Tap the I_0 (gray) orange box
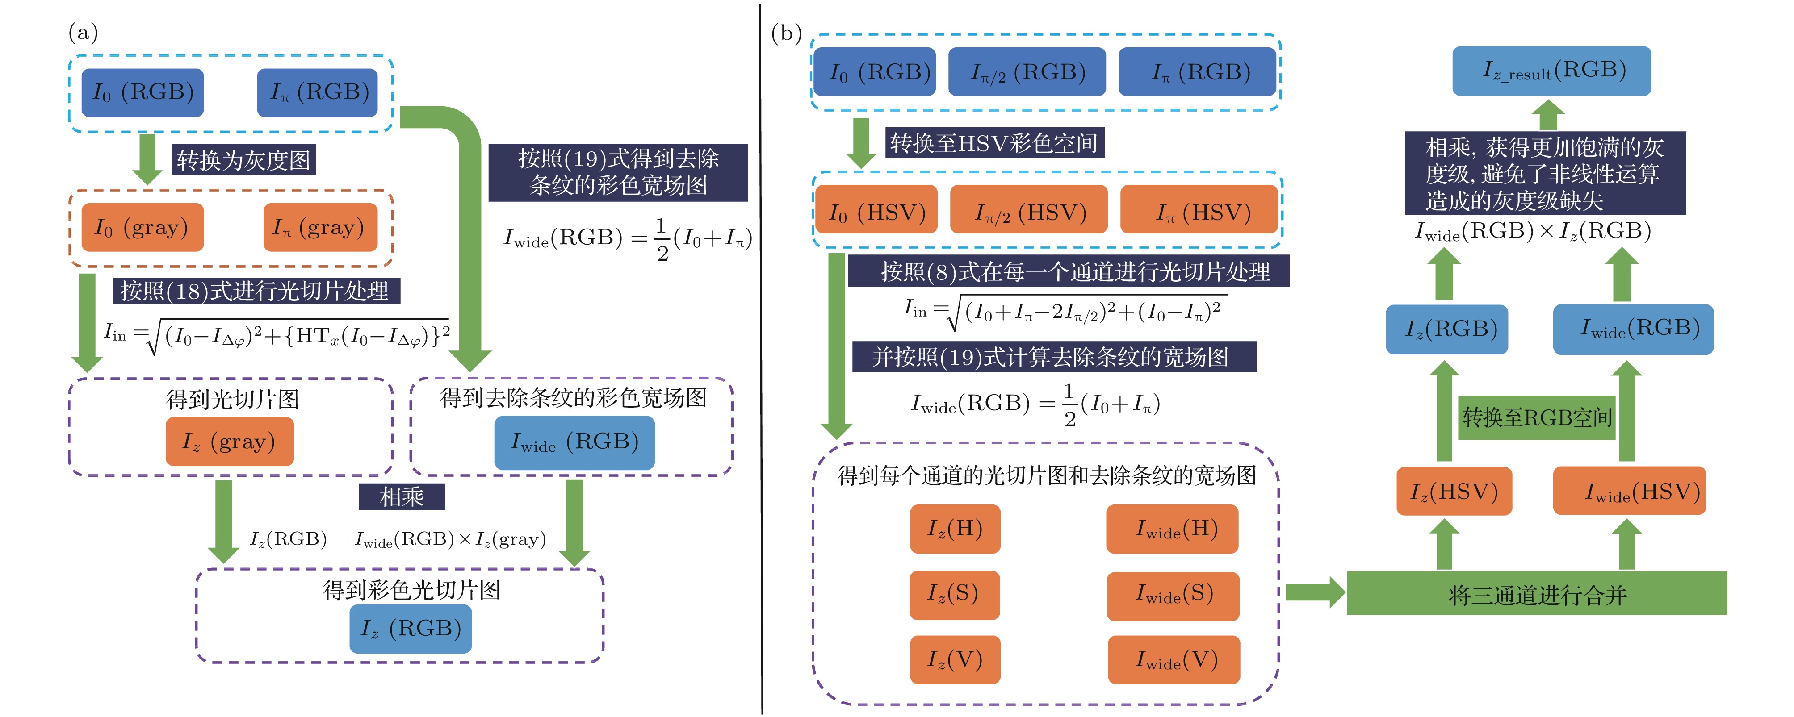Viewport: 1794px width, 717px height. click(142, 228)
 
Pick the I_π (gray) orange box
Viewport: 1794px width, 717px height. click(320, 228)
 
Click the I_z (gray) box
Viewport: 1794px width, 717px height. click(229, 442)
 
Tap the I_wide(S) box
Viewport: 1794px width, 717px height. click(1173, 595)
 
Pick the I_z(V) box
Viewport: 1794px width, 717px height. click(954, 659)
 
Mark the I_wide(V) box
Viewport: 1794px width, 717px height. click(1174, 659)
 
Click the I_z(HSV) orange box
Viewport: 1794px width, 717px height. click(1454, 492)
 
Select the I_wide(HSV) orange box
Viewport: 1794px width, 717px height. click(1629, 492)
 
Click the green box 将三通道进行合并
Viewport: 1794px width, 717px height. click(1536, 594)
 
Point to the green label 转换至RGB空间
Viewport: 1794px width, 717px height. click(1536, 418)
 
